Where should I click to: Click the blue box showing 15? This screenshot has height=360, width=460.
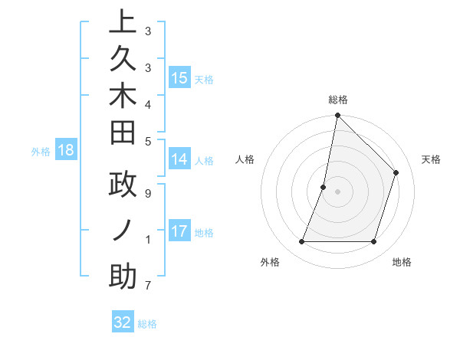tap(179, 77)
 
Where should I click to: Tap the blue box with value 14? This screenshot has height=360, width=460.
tap(179, 159)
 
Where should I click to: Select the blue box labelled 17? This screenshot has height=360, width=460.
tap(179, 231)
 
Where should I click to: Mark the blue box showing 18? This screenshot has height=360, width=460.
tap(66, 150)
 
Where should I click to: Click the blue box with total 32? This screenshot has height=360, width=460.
tap(123, 322)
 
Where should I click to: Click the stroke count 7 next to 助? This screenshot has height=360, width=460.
tap(147, 286)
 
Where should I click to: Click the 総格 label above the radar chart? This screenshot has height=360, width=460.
tap(337, 100)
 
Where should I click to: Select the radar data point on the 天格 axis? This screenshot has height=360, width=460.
tap(396, 172)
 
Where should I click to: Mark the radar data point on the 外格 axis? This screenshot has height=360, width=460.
tap(301, 242)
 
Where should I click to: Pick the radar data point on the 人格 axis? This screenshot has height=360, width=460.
tap(324, 187)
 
